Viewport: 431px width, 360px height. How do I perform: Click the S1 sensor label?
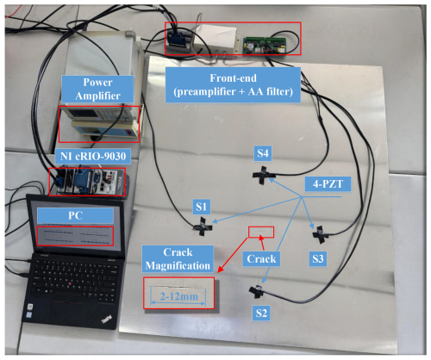(200, 207)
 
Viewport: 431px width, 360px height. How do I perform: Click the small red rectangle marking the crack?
(260, 232)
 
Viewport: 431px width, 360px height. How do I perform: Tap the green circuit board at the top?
(263, 41)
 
